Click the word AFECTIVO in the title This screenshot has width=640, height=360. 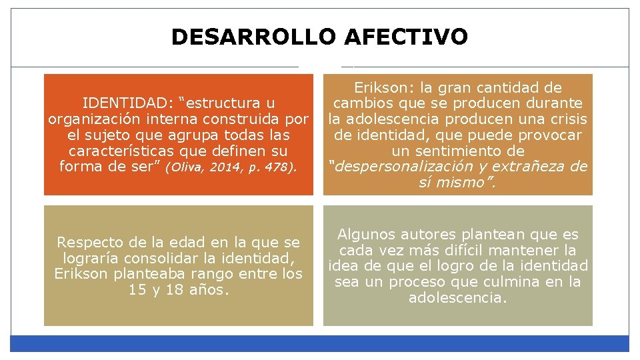point(406,37)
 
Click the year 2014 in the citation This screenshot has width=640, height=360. point(223,168)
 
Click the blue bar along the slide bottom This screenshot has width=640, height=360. point(320,343)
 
